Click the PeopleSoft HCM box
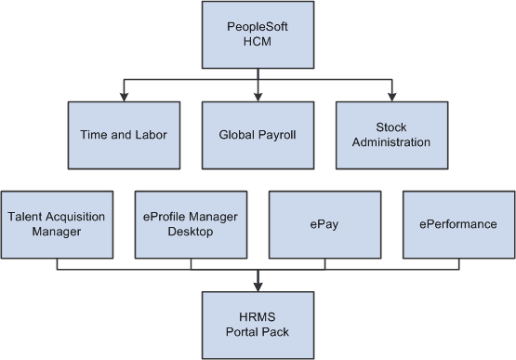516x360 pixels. [x=258, y=34]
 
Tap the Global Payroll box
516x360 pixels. [x=258, y=134]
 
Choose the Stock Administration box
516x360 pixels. [x=391, y=134]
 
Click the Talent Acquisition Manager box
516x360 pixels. [x=57, y=224]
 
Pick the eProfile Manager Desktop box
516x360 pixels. [x=191, y=224]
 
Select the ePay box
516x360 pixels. [x=324, y=224]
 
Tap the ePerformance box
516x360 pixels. [x=458, y=224]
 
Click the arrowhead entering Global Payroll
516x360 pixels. [x=258, y=96]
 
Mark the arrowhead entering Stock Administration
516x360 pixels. [x=391, y=96]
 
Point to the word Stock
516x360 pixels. [x=391, y=127]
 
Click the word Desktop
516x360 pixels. [x=191, y=232]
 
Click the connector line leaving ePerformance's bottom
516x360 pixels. [x=458, y=263]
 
